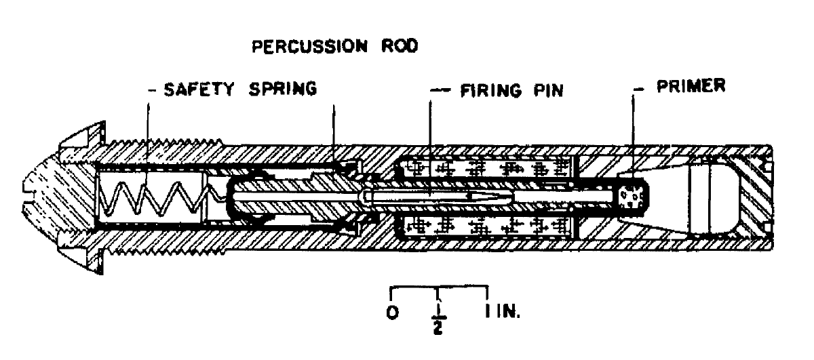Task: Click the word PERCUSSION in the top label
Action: pos(309,47)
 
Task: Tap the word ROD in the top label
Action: pos(400,46)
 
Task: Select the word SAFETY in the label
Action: pos(199,89)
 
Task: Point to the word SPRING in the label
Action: pos(283,89)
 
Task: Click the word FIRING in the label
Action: pos(491,91)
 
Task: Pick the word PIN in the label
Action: pos(549,91)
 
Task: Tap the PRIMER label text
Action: pos(691,86)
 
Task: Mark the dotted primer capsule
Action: pos(632,198)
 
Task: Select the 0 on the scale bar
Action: pos(393,313)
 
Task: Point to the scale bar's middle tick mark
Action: pos(438,294)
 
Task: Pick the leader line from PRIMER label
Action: pos(633,138)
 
